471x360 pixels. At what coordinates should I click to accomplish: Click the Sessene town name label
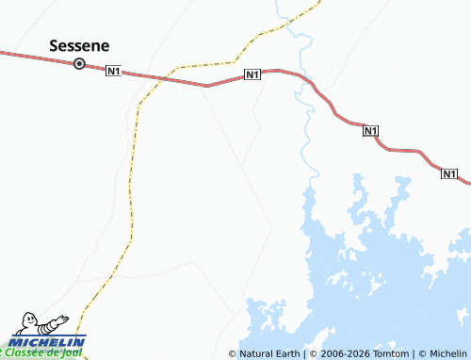[x=79, y=45]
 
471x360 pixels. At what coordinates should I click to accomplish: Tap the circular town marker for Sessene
[x=79, y=64]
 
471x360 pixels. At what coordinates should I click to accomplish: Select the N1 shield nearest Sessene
[x=114, y=72]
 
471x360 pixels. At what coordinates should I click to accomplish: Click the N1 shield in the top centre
[x=252, y=74]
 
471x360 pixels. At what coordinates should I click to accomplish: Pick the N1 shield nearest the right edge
[x=449, y=173]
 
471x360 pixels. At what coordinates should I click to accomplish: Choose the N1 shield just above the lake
[x=370, y=132]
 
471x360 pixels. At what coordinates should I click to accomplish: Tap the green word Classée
[x=26, y=352]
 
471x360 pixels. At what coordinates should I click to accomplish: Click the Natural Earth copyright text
[x=269, y=353]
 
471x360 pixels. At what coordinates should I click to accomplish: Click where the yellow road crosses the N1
[x=165, y=78]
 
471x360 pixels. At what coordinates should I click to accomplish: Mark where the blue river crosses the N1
[x=300, y=76]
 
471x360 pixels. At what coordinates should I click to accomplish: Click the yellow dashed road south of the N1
[x=129, y=188]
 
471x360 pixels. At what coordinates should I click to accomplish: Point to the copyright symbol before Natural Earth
[x=233, y=353]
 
